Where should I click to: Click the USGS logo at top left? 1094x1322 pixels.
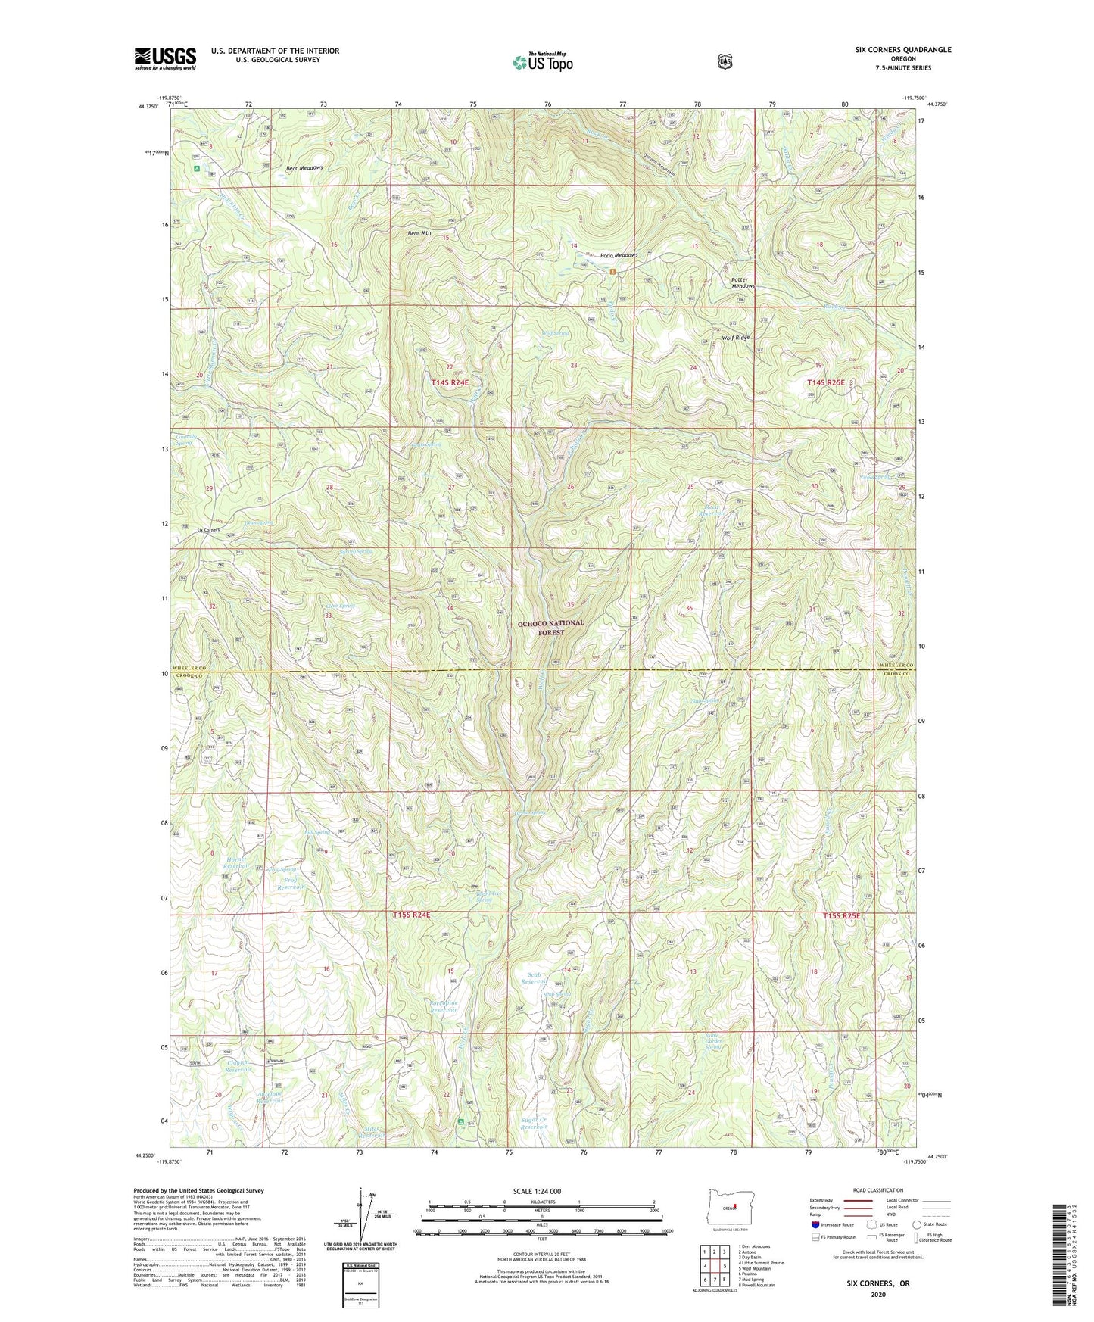[x=165, y=58]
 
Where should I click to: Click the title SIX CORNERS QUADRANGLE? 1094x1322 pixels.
[x=899, y=50]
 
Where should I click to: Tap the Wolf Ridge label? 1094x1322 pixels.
[x=735, y=338]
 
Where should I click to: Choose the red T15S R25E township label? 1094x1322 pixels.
[x=842, y=916]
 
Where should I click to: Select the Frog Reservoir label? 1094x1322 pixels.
[x=288, y=883]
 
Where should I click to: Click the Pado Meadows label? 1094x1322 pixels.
[x=619, y=255]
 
